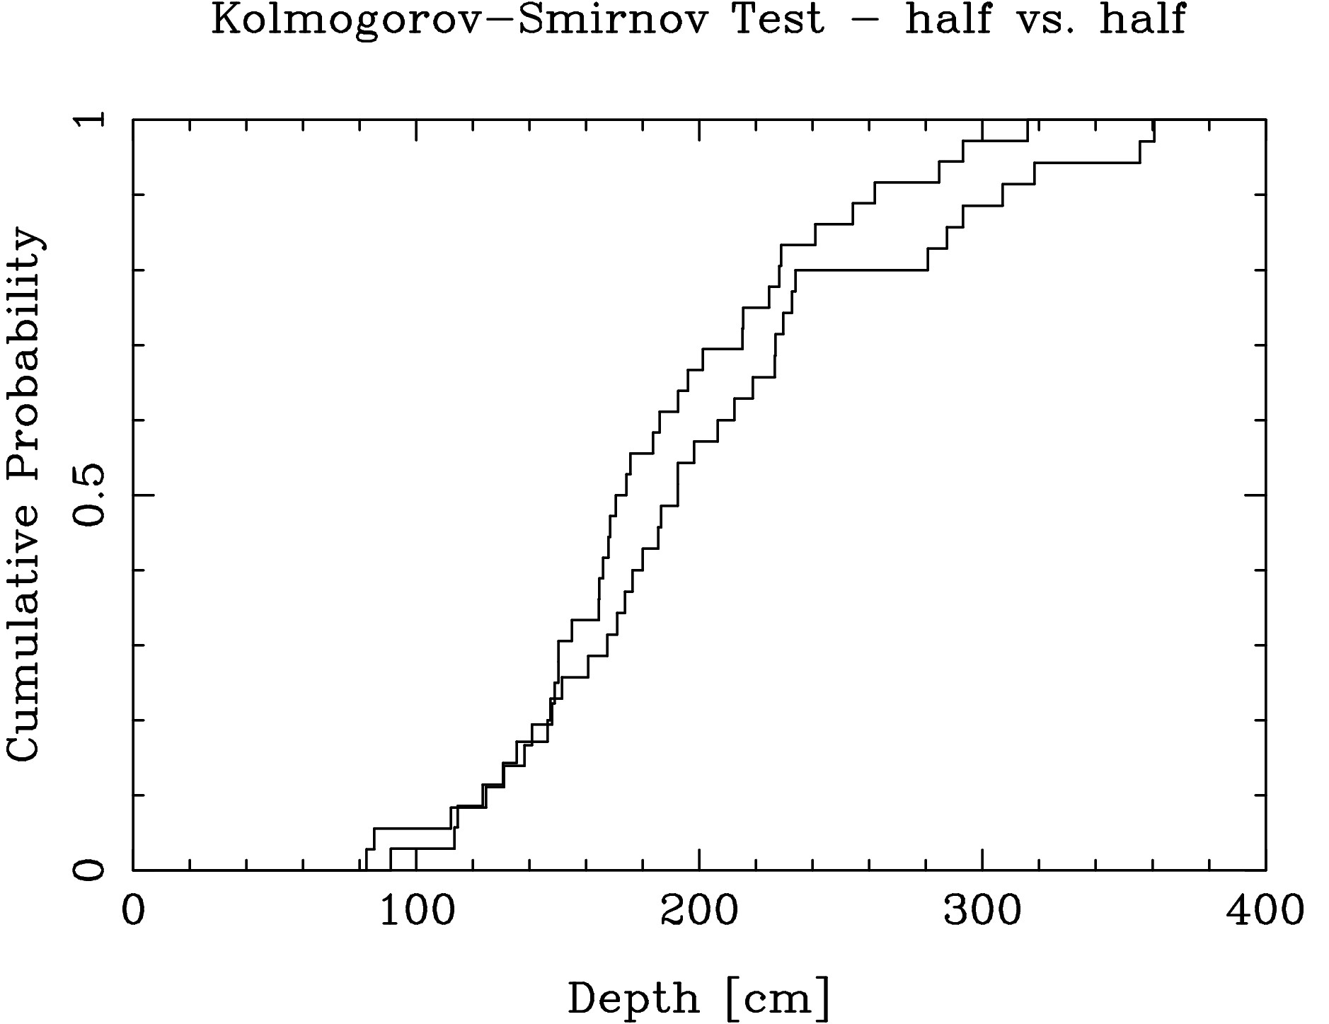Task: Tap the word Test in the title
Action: coord(778,19)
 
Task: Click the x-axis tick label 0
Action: coord(133,911)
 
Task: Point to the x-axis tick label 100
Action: coord(417,911)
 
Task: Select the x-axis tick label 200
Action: coord(699,911)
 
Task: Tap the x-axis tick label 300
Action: coord(982,911)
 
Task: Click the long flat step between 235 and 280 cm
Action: coord(861,270)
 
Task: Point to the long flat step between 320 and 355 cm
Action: coord(1086,163)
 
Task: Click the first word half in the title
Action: coord(948,19)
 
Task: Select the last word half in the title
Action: coord(1142,19)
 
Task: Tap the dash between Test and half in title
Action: coord(865,21)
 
